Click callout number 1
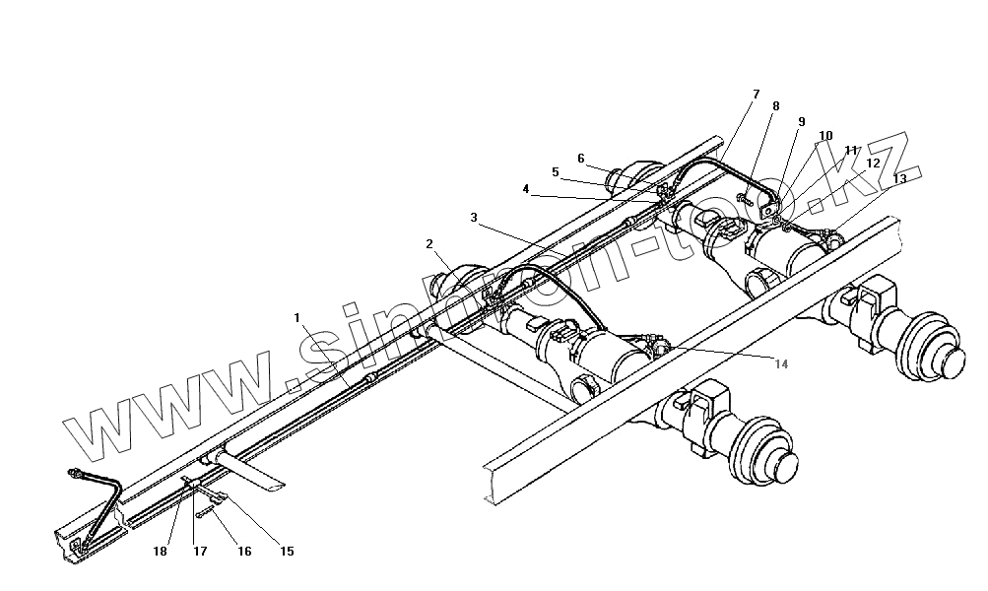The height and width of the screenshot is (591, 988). click(x=296, y=318)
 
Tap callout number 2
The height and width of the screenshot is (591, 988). click(x=429, y=243)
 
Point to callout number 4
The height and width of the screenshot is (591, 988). click(x=526, y=188)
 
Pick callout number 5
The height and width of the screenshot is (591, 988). click(x=556, y=172)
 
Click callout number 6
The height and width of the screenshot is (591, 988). click(x=581, y=158)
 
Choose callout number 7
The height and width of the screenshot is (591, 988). click(x=756, y=95)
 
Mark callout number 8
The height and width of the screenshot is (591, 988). click(x=776, y=106)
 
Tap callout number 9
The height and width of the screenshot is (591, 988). click(x=801, y=121)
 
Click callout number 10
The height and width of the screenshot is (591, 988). click(x=825, y=136)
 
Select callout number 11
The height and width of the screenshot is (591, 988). click(x=851, y=150)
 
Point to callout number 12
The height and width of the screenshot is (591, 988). click(x=874, y=164)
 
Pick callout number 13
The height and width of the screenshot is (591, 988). click(x=899, y=178)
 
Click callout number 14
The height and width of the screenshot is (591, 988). click(x=781, y=364)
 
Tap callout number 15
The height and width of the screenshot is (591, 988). click(x=287, y=552)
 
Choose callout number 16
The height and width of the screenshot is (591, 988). click(x=243, y=552)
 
